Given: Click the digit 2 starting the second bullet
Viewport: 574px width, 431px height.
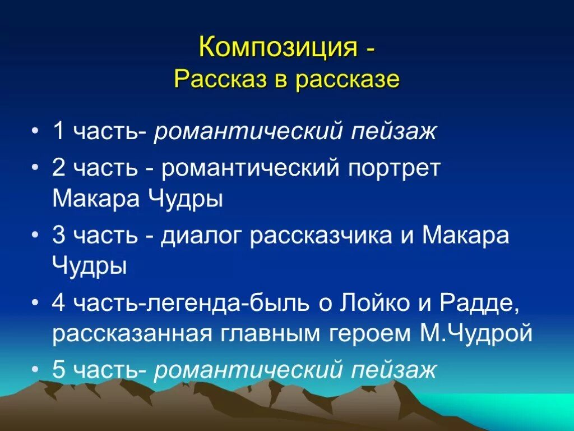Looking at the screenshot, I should tap(58, 169).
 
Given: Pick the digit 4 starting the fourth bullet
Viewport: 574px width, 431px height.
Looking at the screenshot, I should tap(58, 304).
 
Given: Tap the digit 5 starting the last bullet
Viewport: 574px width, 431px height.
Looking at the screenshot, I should tap(58, 370).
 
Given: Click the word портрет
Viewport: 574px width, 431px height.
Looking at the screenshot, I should tap(392, 169).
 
